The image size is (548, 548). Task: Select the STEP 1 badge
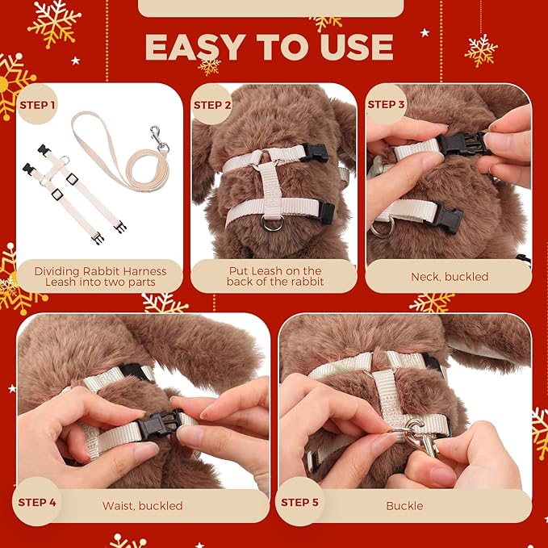click(37, 104)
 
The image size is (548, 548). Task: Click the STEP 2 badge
click(211, 105)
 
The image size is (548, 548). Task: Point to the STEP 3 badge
click(386, 104)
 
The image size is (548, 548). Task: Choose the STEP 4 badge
click(36, 502)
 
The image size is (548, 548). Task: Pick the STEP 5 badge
click(299, 502)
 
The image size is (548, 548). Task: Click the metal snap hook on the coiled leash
click(159, 139)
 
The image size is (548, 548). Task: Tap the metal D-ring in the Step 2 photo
click(273, 223)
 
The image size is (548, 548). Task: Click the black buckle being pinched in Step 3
click(462, 144)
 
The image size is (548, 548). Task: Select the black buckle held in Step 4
click(159, 424)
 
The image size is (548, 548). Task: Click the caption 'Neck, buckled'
click(450, 277)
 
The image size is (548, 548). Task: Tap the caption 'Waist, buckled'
click(142, 505)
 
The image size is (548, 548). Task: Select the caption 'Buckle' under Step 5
click(404, 505)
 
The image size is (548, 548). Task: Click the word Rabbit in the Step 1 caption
click(102, 271)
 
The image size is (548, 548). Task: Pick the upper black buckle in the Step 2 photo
click(316, 153)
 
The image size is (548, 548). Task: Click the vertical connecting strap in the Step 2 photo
click(271, 189)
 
